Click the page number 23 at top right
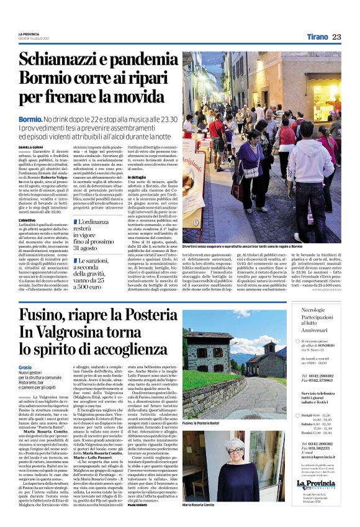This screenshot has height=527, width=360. [336, 37]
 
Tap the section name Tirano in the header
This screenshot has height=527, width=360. [317, 37]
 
